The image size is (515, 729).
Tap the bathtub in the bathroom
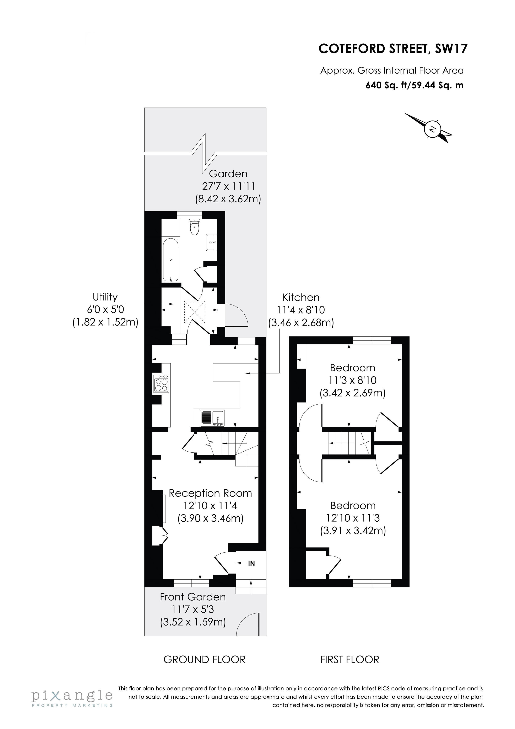[171, 260]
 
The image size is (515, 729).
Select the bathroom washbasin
[211, 242]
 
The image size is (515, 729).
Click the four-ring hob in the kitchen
[161, 384]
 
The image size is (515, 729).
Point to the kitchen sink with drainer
[212, 418]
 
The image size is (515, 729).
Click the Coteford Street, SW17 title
[393, 49]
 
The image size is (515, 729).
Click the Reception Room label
[210, 493]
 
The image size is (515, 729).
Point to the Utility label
[105, 297]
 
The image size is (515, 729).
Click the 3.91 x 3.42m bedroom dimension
[353, 531]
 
